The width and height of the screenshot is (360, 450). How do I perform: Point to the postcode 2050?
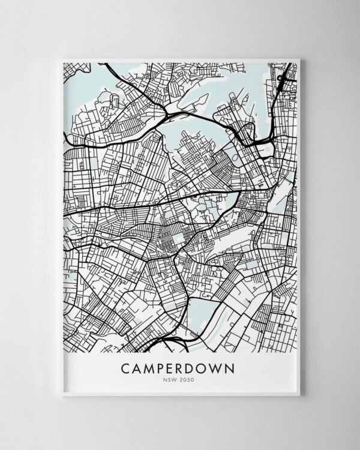coord(188,379)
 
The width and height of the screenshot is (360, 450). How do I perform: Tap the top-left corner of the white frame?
coord(62,59)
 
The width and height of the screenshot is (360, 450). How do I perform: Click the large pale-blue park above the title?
coord(203,312)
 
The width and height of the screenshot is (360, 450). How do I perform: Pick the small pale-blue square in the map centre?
coord(179,239)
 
